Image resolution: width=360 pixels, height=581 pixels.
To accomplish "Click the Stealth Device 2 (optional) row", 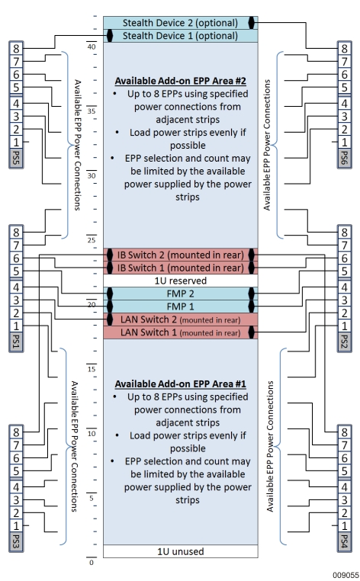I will [x=180, y=23].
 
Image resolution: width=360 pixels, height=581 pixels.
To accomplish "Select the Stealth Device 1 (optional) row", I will [x=180, y=36].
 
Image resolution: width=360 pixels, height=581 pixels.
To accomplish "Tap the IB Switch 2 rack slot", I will [x=180, y=254].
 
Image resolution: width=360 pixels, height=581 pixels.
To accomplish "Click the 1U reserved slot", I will [x=180, y=280].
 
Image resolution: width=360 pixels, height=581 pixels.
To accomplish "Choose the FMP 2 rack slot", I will [x=180, y=293].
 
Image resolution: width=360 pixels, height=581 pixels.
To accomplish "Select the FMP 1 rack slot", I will [x=180, y=306].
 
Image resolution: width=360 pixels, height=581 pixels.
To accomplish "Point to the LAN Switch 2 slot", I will [x=180, y=319].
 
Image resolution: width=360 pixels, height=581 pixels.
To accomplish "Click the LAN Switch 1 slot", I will [x=180, y=332].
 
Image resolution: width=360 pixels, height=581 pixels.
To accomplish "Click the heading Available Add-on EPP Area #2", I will [x=180, y=81].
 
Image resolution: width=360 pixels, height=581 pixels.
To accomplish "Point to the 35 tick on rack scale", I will [x=92, y=110].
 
